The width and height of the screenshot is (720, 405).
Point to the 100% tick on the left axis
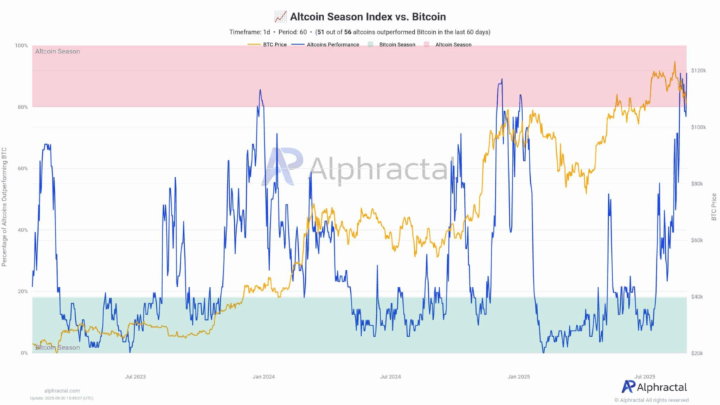click(21, 46)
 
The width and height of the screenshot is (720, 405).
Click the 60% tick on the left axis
click(22, 169)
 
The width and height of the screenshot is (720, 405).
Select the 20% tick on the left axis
click(22, 291)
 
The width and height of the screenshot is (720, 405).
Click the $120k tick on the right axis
click(700, 70)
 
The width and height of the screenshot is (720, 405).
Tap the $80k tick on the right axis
click(698, 184)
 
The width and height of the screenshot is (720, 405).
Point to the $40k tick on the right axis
click(698, 297)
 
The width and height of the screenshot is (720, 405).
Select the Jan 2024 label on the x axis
click(264, 377)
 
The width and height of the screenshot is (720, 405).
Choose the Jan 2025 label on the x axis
click(519, 377)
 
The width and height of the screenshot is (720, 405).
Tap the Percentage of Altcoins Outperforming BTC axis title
click(5, 207)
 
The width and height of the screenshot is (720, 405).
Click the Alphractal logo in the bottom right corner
click(654, 386)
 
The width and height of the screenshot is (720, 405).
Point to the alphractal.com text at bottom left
click(62, 390)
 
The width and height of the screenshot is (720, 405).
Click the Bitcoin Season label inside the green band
click(58, 347)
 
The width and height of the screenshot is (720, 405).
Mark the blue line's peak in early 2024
click(260, 90)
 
